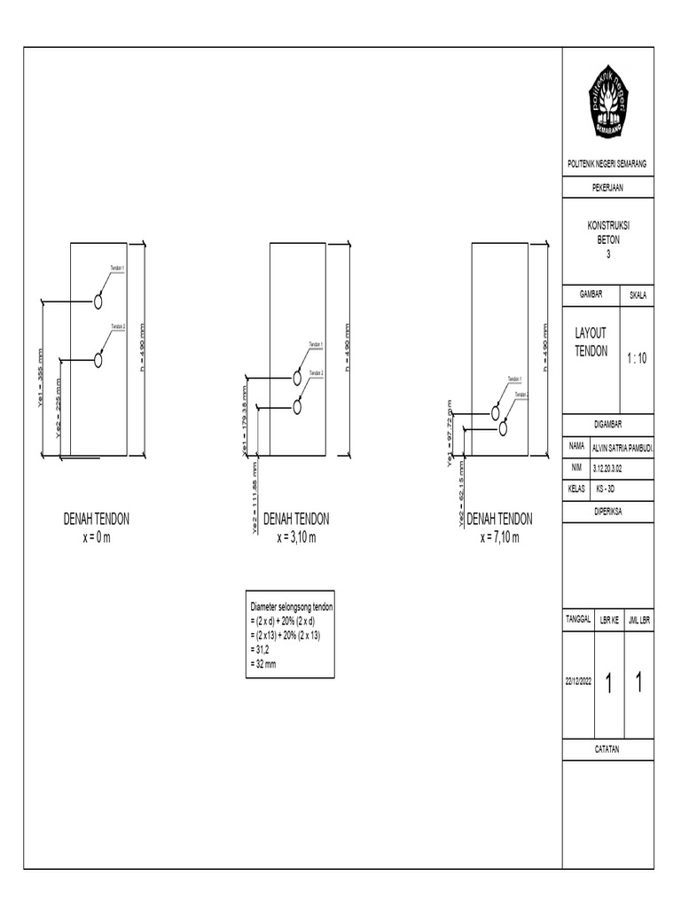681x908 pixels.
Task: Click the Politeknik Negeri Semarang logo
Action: (607, 106)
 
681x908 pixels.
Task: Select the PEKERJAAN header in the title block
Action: (607, 187)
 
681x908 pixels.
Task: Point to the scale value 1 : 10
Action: (636, 358)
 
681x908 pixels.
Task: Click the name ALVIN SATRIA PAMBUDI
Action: (622, 449)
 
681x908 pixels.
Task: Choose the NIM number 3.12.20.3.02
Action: (613, 468)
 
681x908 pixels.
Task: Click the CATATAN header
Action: (607, 749)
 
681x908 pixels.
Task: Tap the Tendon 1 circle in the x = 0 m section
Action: (98, 302)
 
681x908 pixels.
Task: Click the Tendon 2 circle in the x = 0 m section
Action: (98, 360)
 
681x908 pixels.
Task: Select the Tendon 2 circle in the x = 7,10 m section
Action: (503, 428)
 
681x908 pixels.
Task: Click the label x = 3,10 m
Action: (297, 537)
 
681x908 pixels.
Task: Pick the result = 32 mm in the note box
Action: (263, 663)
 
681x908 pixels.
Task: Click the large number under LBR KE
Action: (608, 683)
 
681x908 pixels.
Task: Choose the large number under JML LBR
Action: (639, 683)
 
